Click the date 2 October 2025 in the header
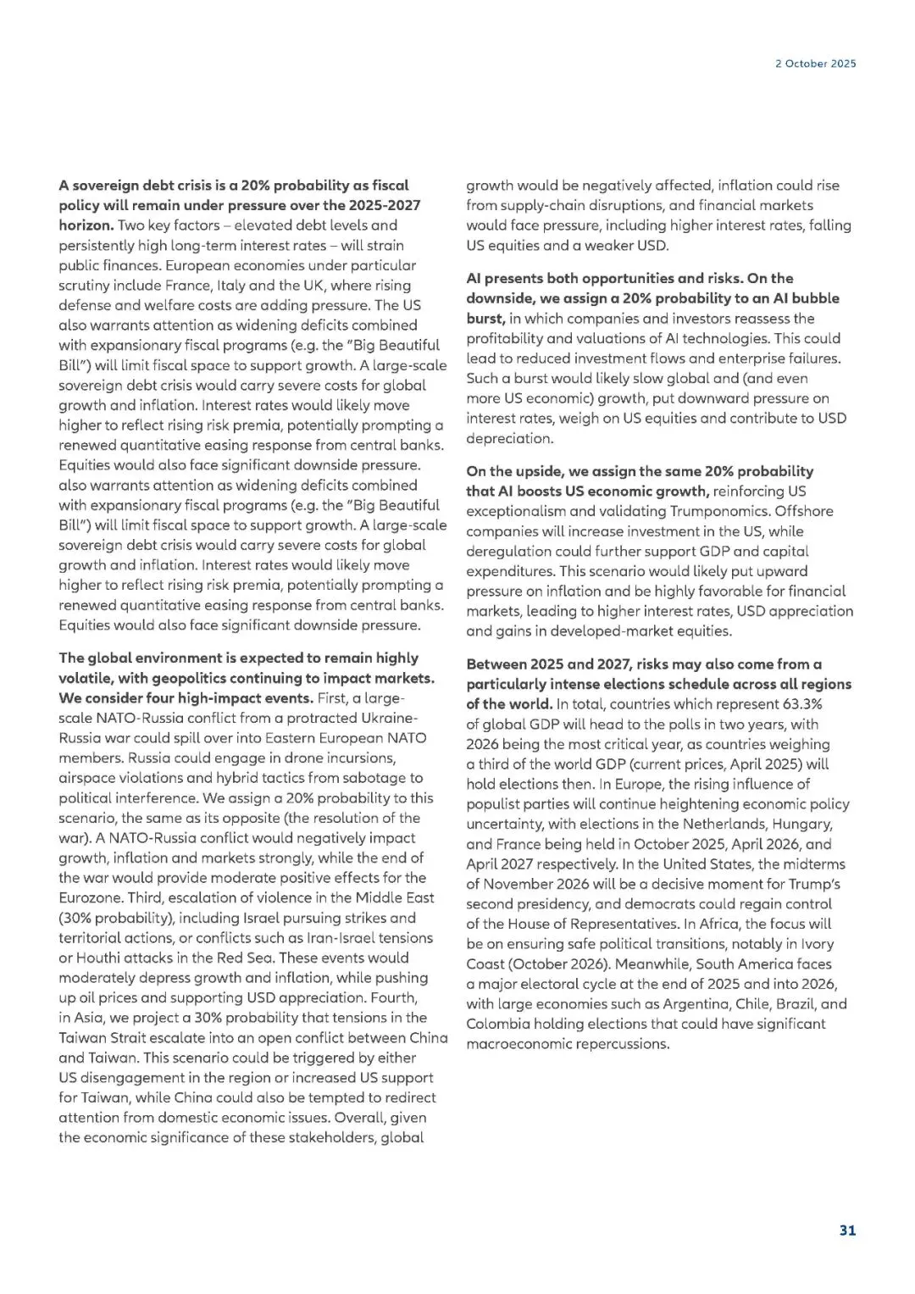[x=815, y=64]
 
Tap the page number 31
[x=847, y=1230]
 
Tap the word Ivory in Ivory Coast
[x=816, y=944]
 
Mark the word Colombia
[x=496, y=1024]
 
